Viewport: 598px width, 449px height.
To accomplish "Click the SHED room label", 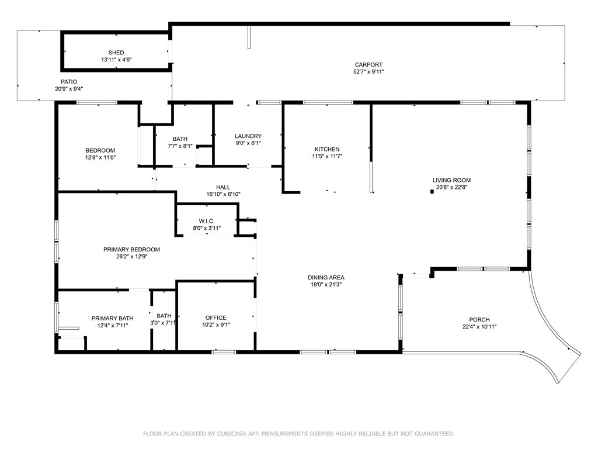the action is (x=116, y=53).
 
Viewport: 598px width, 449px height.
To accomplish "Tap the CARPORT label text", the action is (x=368, y=65).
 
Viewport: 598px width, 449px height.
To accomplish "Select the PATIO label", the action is (x=69, y=82).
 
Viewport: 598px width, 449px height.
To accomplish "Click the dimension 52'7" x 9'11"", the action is (x=368, y=72).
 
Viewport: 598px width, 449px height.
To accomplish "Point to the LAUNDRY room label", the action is (x=248, y=136).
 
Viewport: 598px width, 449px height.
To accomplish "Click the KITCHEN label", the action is (x=327, y=149).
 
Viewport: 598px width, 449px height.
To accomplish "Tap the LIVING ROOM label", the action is (x=451, y=180).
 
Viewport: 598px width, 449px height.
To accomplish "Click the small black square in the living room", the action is (x=432, y=192).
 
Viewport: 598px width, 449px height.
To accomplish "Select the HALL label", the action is (x=223, y=187).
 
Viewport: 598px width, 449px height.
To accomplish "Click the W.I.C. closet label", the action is (x=207, y=222).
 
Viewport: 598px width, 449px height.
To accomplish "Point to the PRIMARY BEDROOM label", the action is (x=131, y=250).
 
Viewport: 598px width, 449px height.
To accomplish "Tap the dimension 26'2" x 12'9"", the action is (x=132, y=257).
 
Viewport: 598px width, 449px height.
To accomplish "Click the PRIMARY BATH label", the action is (x=113, y=319).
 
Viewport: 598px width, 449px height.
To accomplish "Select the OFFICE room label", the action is (x=216, y=317).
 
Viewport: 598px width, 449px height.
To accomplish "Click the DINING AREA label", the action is (x=326, y=278).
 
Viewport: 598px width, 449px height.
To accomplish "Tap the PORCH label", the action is (x=479, y=320).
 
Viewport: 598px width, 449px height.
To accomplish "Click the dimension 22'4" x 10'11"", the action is (x=479, y=327).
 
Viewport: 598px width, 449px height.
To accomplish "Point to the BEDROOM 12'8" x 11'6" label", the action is (x=100, y=154).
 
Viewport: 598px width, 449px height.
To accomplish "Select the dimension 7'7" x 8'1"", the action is (x=180, y=146).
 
